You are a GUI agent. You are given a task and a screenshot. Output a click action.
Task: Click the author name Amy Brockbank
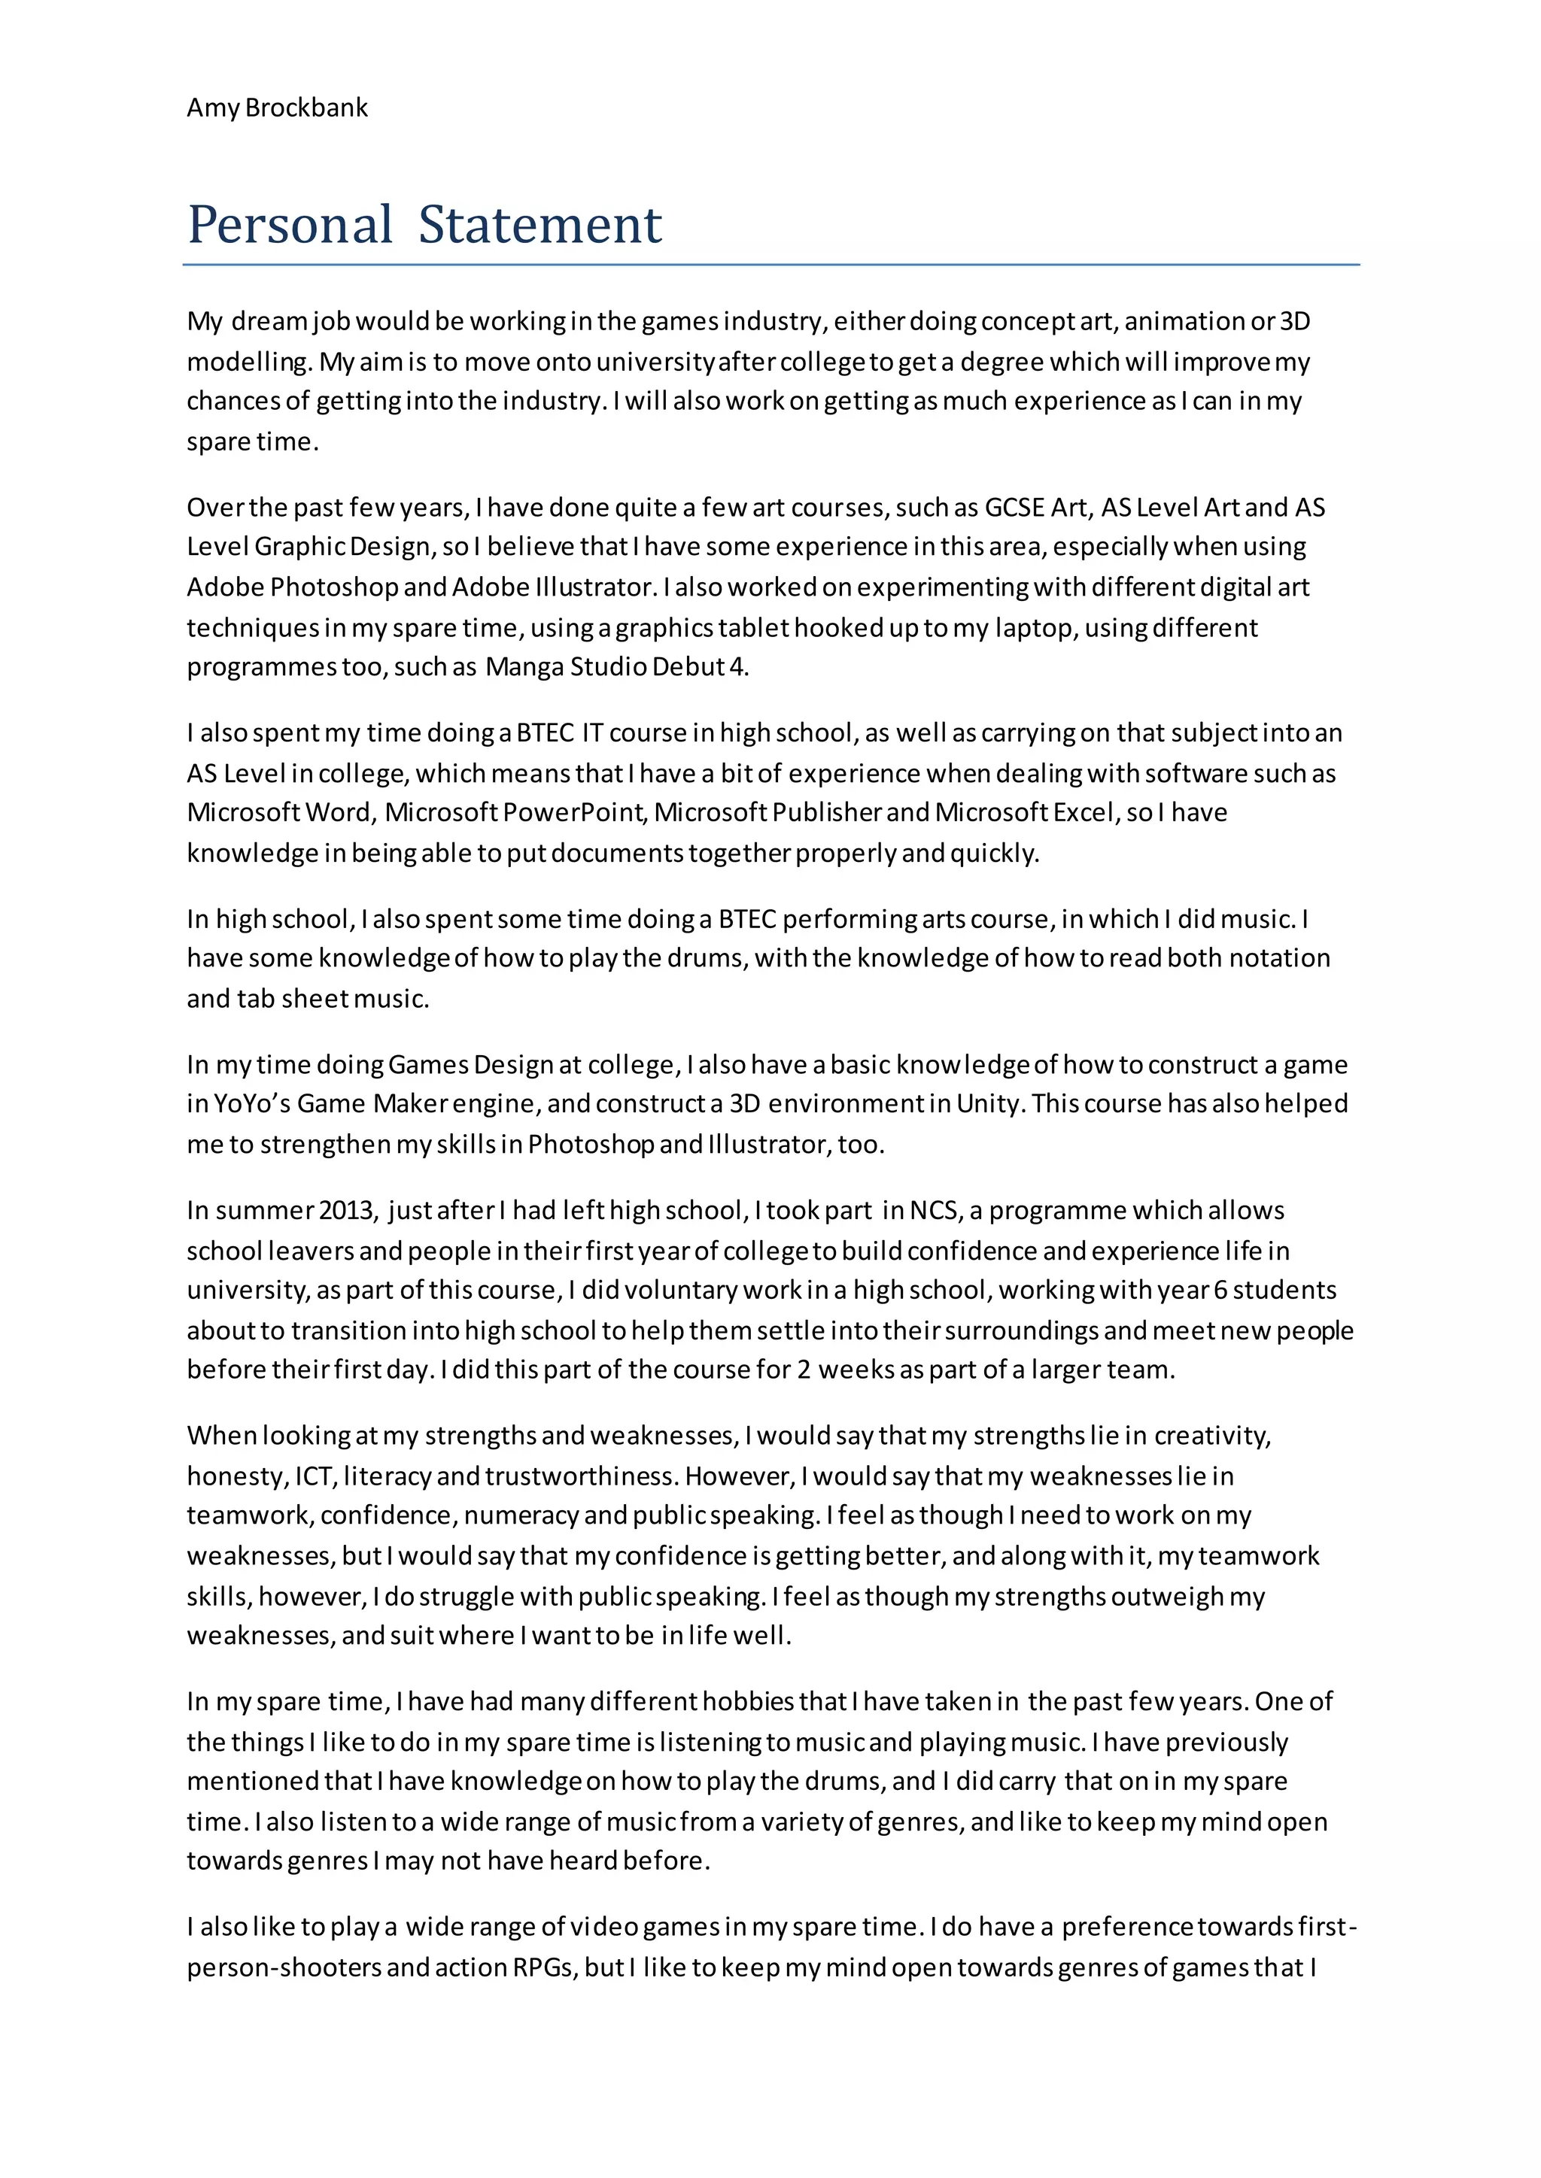[277, 108]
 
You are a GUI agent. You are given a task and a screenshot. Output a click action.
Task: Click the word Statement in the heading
[540, 225]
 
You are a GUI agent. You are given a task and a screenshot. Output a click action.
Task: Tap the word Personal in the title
[290, 225]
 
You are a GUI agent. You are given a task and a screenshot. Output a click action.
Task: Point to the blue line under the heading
[770, 265]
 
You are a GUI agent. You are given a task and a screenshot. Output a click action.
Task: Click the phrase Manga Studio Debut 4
[617, 667]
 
